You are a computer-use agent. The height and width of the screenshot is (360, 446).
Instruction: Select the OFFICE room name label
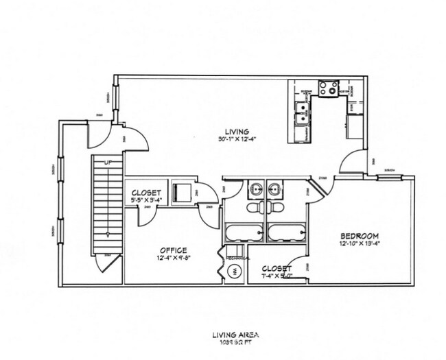174,250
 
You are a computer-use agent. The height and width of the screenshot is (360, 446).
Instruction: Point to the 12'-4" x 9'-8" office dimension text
174,259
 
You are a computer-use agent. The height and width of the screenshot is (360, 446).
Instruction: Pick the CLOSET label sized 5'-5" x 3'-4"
145,193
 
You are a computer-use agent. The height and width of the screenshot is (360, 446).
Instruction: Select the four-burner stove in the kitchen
328,88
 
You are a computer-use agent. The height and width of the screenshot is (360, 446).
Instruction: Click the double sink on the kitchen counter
301,112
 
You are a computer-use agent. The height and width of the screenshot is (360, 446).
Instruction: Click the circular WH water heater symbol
235,272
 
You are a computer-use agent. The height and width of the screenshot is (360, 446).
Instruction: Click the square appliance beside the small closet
181,191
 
